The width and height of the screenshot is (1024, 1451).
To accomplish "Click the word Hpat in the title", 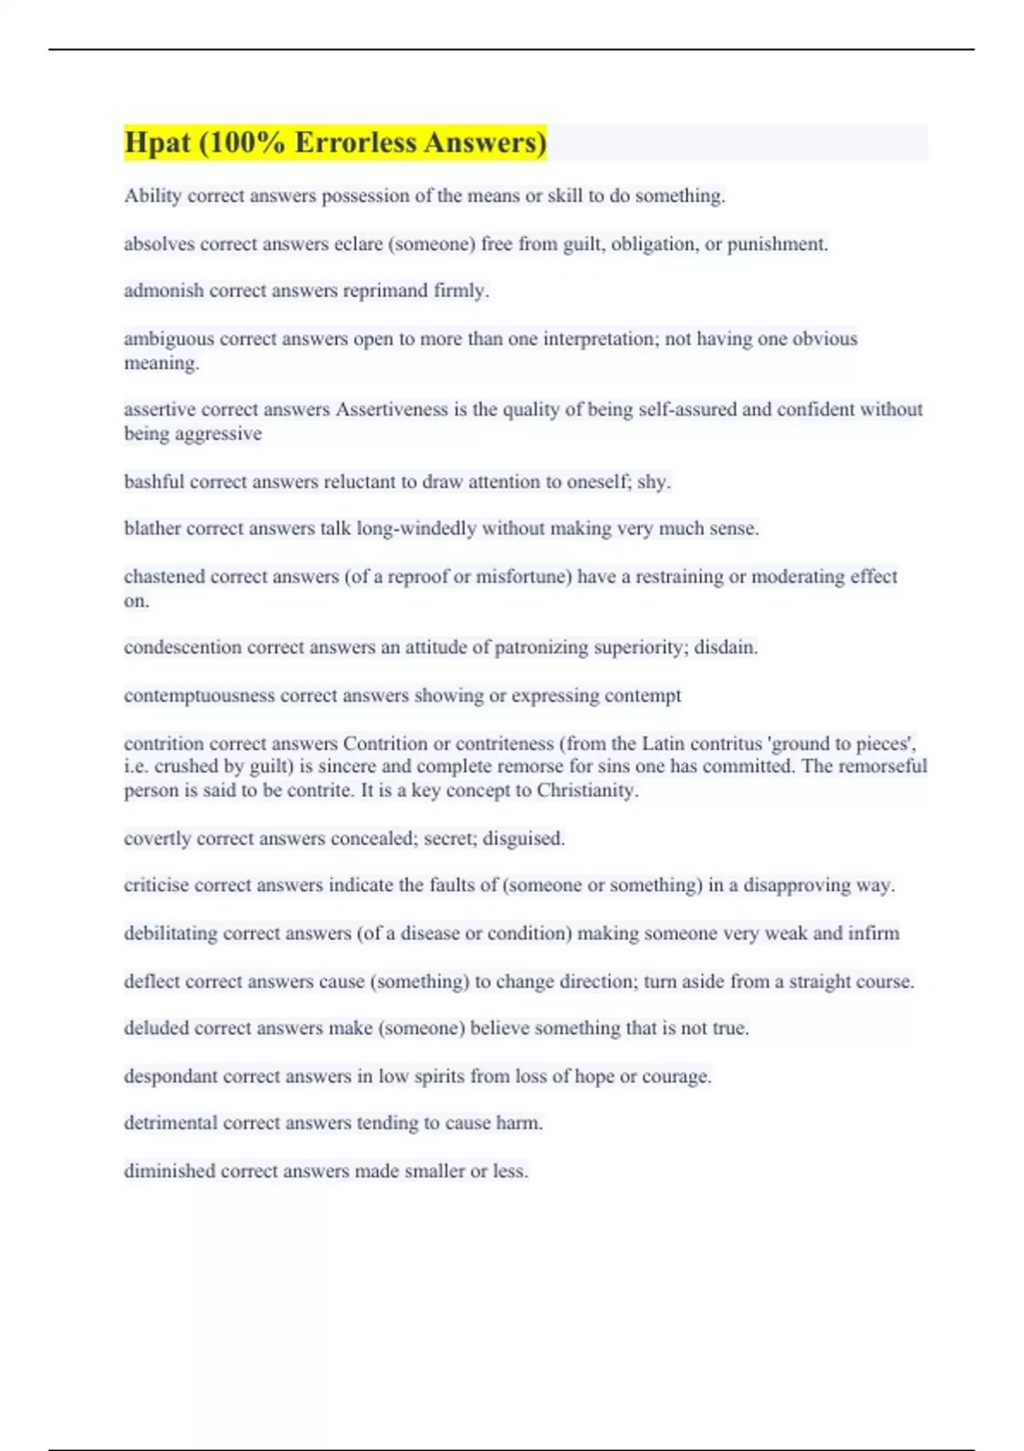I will tap(157, 143).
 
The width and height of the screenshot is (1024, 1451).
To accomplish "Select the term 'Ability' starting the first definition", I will tap(153, 196).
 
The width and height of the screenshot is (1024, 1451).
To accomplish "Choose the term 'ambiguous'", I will tap(169, 339).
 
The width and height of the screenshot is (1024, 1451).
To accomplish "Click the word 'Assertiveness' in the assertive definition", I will tap(392, 410).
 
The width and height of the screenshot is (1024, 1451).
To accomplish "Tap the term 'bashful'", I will tap(154, 481).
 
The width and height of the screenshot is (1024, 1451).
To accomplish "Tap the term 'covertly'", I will tap(157, 839).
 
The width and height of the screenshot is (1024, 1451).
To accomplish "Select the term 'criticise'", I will tap(156, 885).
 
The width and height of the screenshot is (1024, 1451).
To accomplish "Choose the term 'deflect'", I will tap(152, 982).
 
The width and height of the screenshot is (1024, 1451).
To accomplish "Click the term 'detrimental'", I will tap(171, 1123).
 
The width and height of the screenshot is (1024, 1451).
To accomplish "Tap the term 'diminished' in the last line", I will tap(169, 1171).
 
